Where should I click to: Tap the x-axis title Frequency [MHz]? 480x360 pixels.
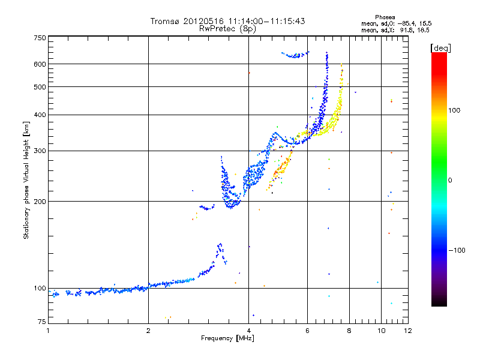point(227,339)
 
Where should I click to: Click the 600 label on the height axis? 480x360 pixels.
point(40,64)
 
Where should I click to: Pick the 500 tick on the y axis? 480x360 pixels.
point(40,86)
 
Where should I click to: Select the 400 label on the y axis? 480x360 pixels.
point(40,115)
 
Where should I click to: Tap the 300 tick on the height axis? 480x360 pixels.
point(40,151)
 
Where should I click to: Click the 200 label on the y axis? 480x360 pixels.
point(40,201)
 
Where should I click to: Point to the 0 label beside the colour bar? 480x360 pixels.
point(451,180)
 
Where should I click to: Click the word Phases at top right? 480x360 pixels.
point(385,17)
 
